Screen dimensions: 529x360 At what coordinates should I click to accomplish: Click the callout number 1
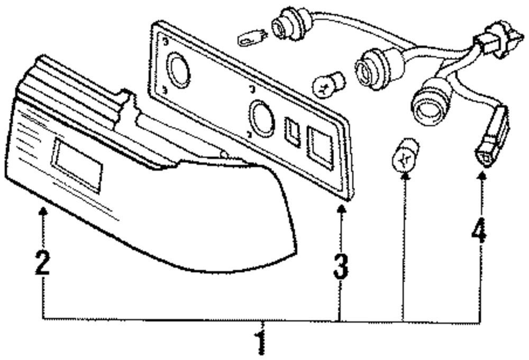point(260,342)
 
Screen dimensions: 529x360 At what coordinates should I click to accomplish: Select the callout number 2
point(42,263)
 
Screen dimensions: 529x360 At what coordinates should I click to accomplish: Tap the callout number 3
point(341,267)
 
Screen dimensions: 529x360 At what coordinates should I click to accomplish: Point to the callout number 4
point(479,231)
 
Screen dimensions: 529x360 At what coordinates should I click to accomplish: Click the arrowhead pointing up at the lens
point(43,212)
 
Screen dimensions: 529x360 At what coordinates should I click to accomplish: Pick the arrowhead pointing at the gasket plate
point(342,210)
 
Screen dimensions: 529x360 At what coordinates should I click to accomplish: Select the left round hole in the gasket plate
point(178,70)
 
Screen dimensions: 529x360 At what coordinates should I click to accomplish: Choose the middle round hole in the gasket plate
point(262,119)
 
